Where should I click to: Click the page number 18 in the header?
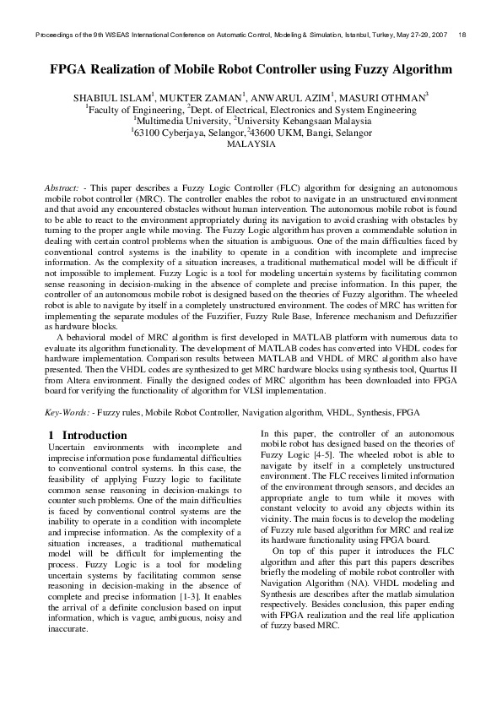click(x=462, y=35)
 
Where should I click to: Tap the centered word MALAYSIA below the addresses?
click(x=251, y=144)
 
